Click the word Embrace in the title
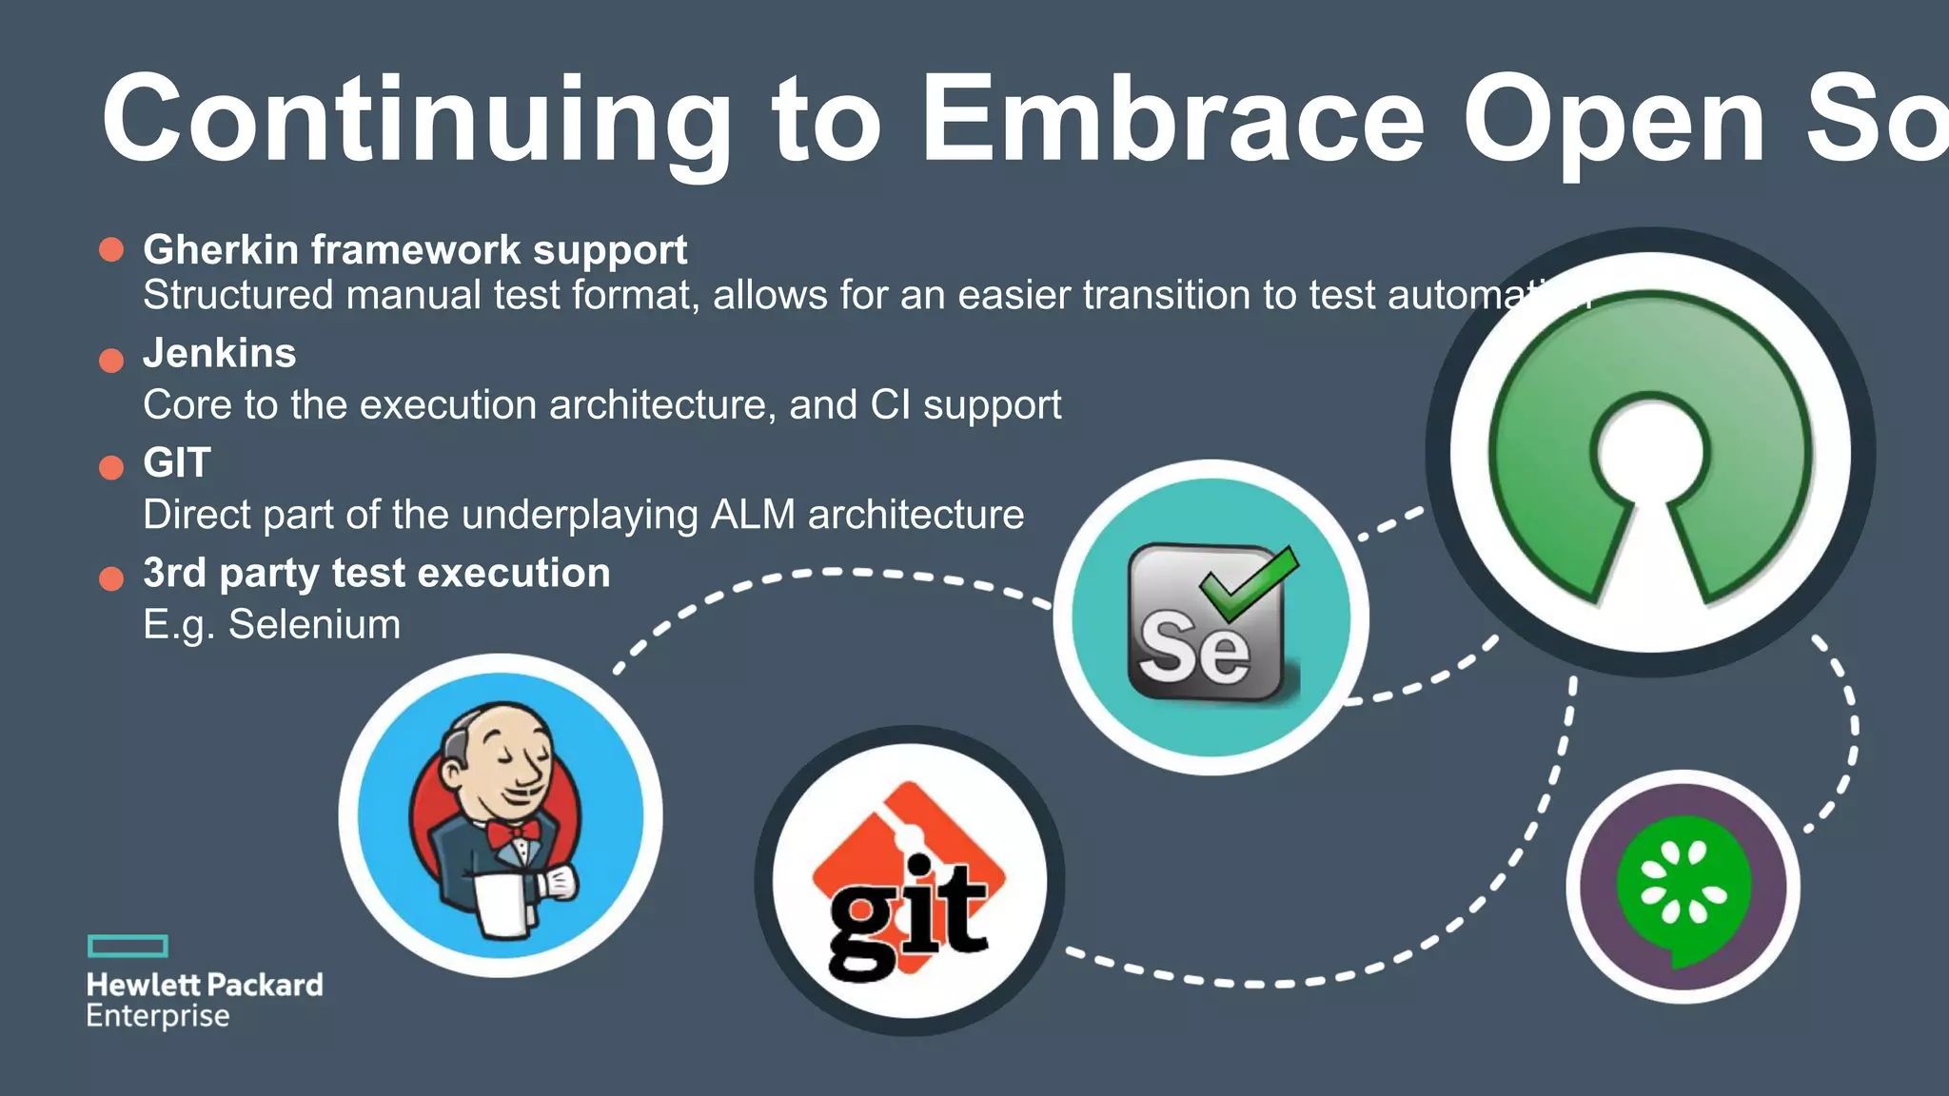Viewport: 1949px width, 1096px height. click(x=1172, y=121)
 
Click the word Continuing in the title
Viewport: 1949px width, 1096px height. click(x=417, y=121)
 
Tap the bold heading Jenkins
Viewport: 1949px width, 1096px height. click(x=220, y=354)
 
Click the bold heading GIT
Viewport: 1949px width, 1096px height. click(x=177, y=463)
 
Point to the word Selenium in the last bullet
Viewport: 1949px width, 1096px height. click(x=314, y=625)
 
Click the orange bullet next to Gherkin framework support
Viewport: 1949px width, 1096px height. click(x=111, y=250)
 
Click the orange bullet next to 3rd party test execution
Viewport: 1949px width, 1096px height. click(x=111, y=578)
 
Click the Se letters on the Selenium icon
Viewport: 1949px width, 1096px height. click(x=1195, y=647)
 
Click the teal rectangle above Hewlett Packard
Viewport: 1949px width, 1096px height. click(x=128, y=946)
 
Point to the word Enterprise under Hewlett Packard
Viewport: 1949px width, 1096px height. click(x=158, y=1016)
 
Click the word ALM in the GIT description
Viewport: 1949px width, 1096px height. click(x=753, y=516)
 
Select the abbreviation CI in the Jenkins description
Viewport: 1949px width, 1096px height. click(x=890, y=405)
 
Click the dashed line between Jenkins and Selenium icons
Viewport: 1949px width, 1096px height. click(x=828, y=573)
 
